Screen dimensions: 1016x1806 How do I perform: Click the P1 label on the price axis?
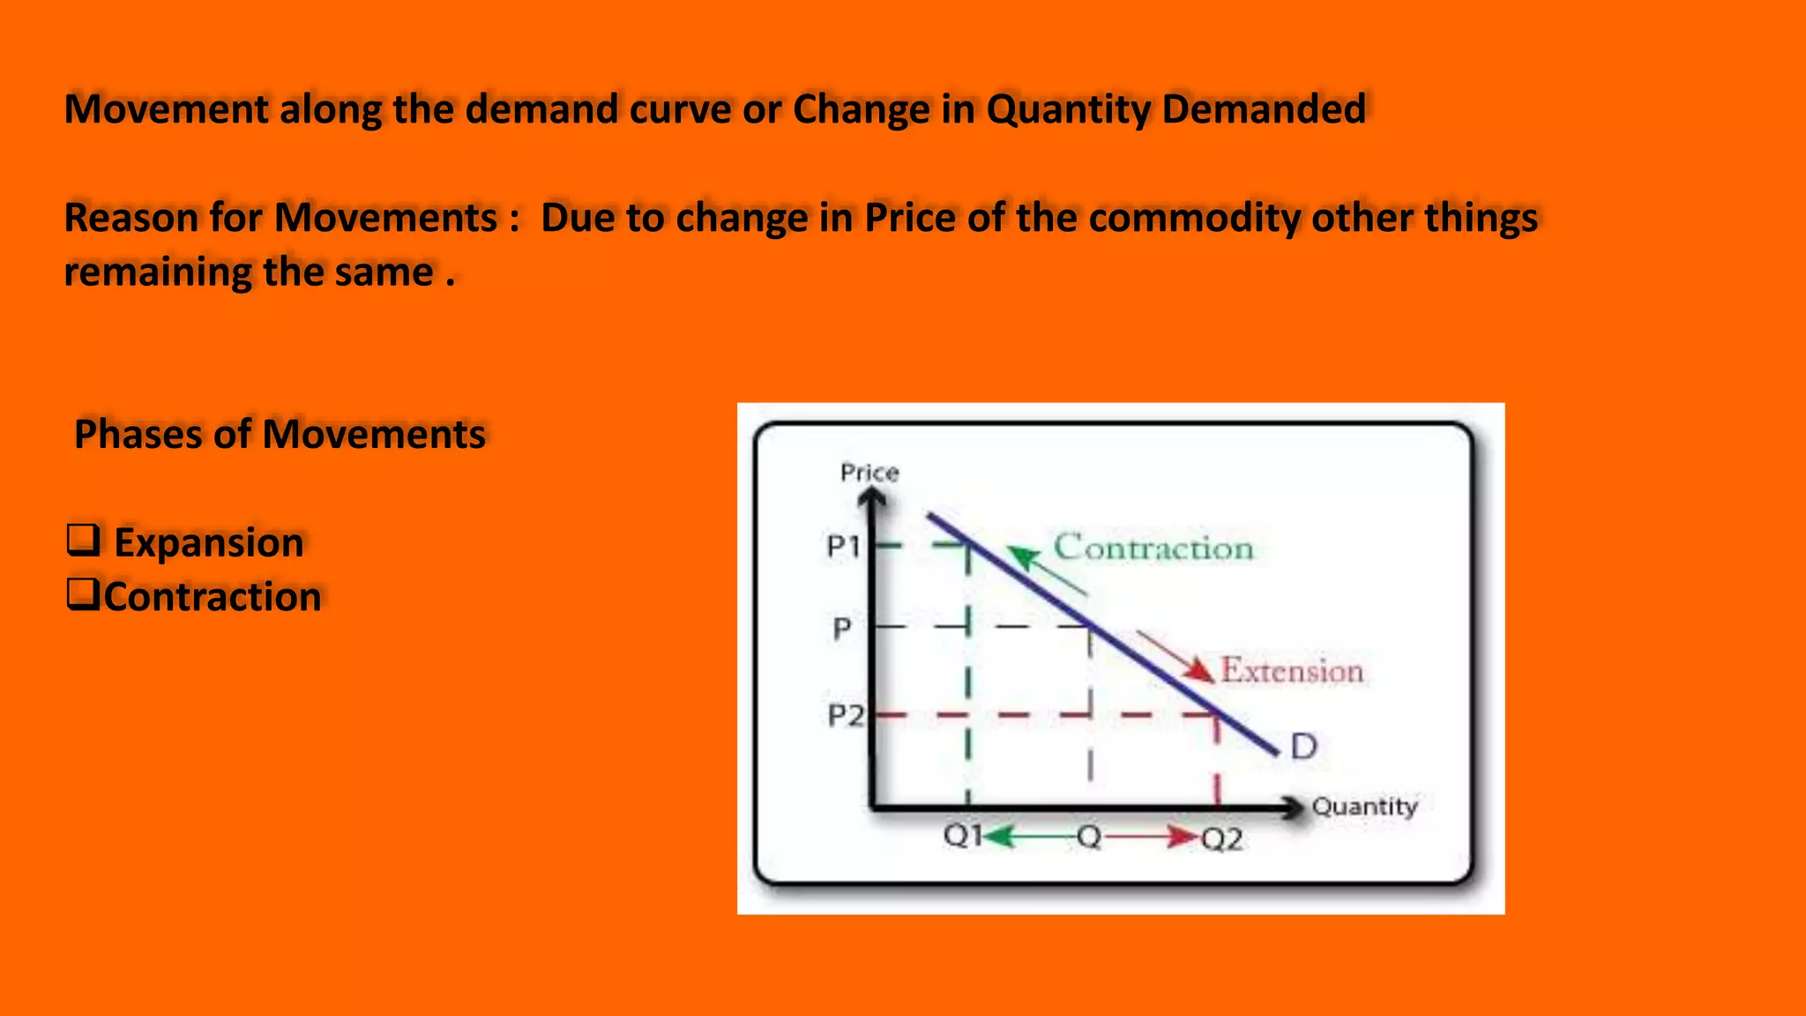tap(843, 547)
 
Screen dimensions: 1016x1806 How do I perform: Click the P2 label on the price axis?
tap(845, 714)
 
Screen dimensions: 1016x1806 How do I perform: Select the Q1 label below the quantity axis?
tap(962, 834)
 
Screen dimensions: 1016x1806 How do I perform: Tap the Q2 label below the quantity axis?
tap(1222, 840)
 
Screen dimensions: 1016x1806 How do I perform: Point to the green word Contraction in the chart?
tap(1153, 548)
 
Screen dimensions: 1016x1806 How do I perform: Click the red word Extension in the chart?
tap(1292, 671)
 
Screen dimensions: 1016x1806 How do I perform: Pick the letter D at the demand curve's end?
tap(1303, 747)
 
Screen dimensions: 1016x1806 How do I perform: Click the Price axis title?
tap(869, 473)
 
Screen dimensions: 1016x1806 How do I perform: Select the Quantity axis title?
tap(1364, 806)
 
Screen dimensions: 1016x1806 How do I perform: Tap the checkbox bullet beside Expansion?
tap(84, 540)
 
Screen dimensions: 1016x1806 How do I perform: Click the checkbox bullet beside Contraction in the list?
tap(84, 594)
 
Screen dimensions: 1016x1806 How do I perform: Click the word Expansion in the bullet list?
tap(209, 542)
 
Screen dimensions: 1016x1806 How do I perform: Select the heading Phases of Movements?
tap(280, 434)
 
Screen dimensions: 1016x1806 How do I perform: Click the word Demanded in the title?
tap(1264, 109)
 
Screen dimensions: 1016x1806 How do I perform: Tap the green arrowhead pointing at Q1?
tap(998, 836)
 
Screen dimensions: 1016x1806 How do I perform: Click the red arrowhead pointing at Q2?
tap(1182, 836)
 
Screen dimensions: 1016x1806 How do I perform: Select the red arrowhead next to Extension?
tap(1199, 670)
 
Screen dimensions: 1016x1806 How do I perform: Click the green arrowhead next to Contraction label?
tap(1023, 557)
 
